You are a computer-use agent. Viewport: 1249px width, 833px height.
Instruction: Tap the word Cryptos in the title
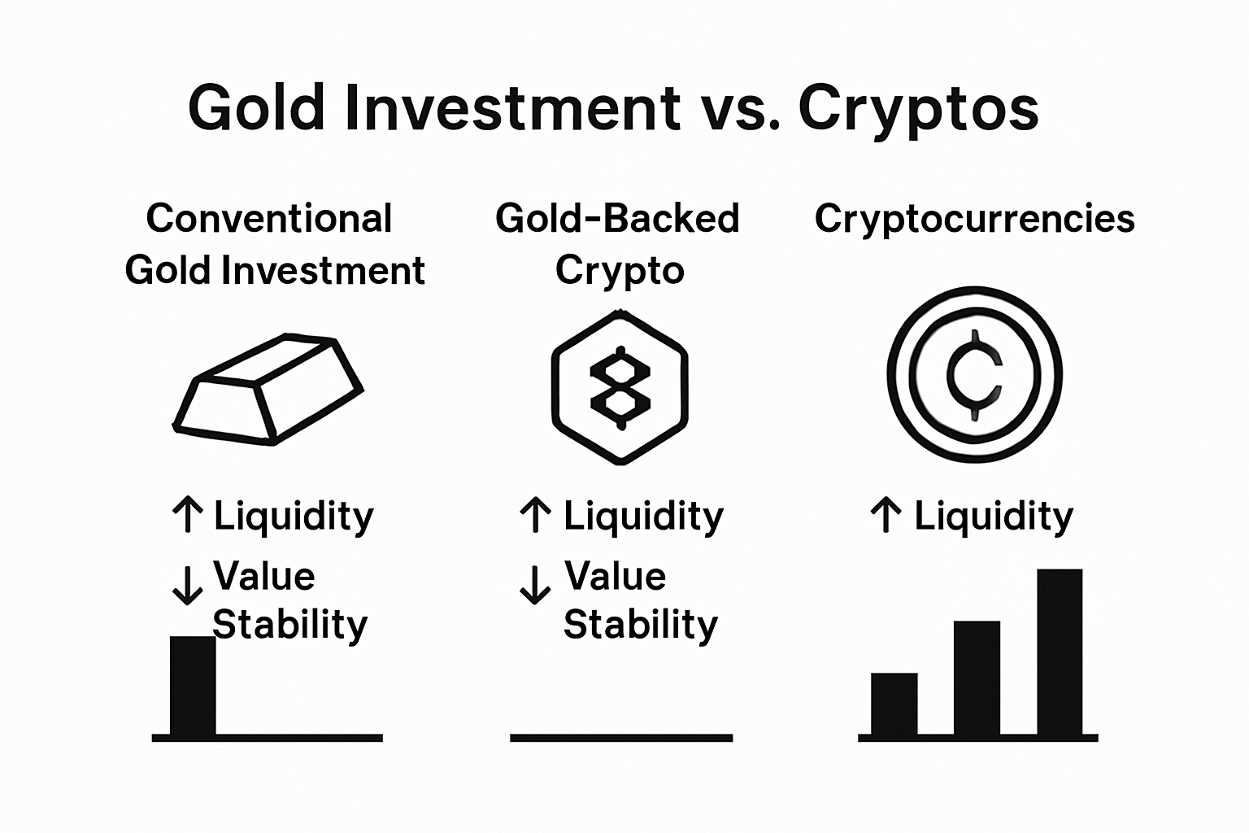[x=918, y=109]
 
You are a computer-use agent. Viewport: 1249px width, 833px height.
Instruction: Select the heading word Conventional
[x=269, y=218]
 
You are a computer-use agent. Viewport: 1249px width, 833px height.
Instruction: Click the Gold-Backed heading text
[x=617, y=218]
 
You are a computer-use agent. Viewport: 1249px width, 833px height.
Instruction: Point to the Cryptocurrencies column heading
[x=974, y=218]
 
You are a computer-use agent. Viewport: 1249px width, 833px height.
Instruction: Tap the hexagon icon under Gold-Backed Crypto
[x=620, y=387]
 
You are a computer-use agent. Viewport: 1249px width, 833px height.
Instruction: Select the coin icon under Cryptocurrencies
[x=974, y=375]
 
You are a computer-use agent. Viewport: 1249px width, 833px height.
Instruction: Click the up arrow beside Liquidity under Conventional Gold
[x=188, y=516]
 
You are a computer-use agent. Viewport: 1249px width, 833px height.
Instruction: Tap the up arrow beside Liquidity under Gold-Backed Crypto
[x=535, y=516]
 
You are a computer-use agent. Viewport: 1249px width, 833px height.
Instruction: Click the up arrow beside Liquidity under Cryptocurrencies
[x=886, y=516]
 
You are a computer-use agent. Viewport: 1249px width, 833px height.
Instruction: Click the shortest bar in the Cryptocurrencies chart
[x=894, y=704]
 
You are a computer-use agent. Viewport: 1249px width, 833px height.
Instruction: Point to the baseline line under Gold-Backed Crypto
[x=621, y=738]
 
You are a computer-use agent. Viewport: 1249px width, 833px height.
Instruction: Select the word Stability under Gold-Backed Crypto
[x=641, y=626]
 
